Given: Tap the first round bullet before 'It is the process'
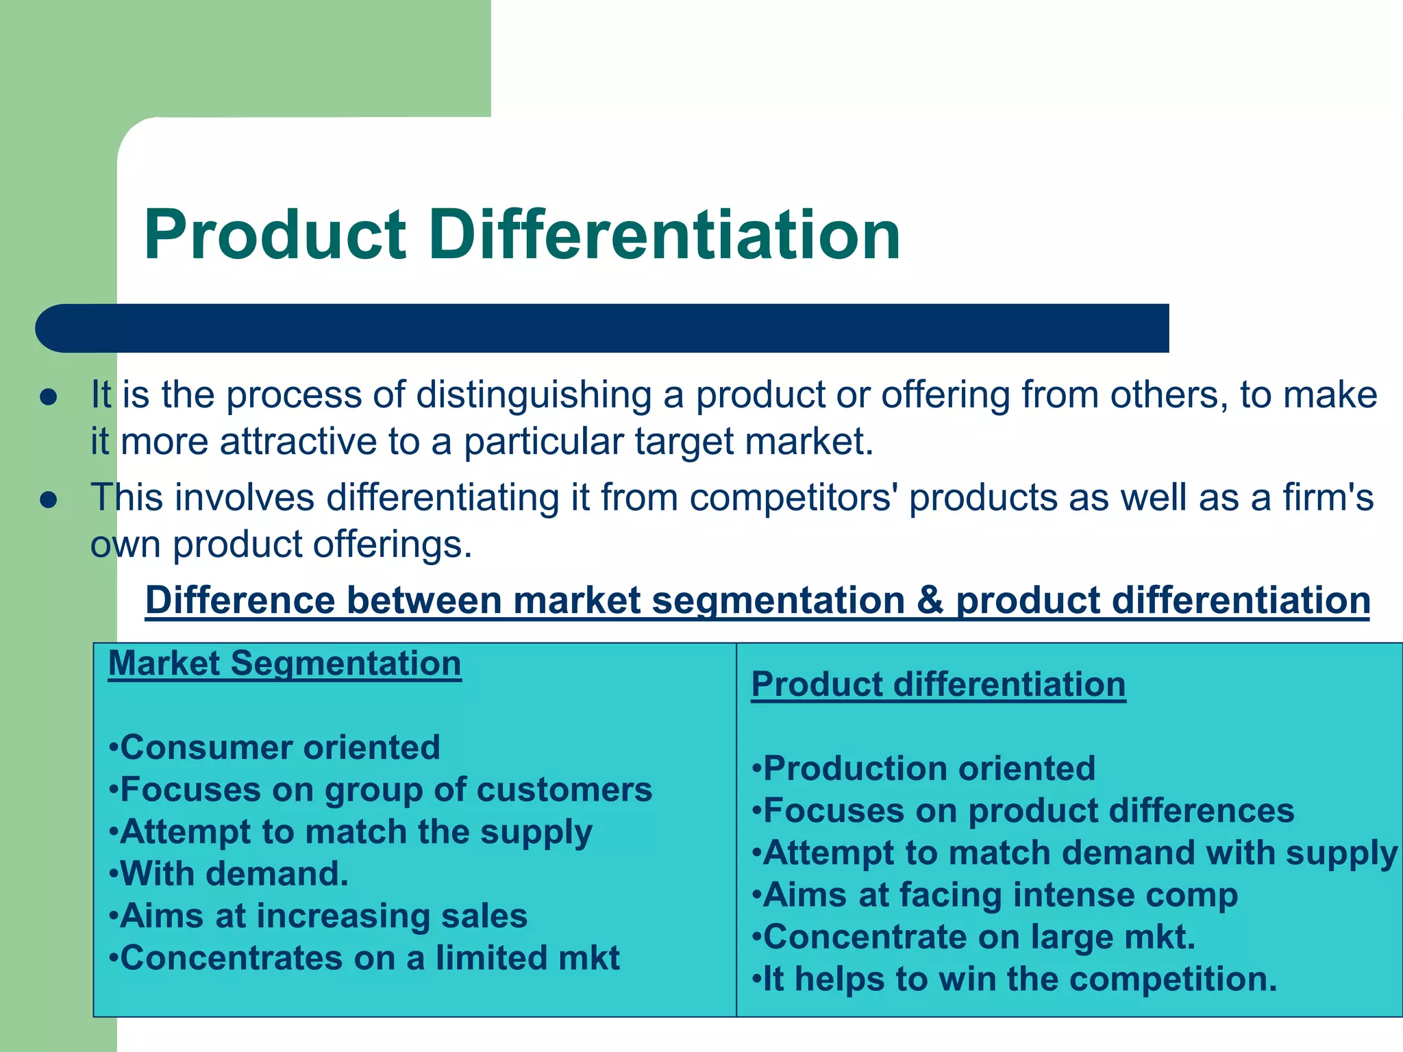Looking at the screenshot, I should [x=48, y=398].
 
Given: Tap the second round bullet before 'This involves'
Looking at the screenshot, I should [x=48, y=500].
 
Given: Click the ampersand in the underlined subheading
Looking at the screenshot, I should [x=930, y=600].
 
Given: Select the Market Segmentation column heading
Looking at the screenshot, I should [x=284, y=664].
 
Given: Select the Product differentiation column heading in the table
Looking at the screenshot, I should [x=938, y=685].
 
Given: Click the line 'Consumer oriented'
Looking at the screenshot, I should [x=274, y=747].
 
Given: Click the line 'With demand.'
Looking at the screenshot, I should [x=229, y=874].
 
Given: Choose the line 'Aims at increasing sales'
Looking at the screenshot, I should [x=319, y=916].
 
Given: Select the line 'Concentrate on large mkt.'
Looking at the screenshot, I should [x=973, y=938].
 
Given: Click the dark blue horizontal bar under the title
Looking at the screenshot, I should [x=603, y=328].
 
